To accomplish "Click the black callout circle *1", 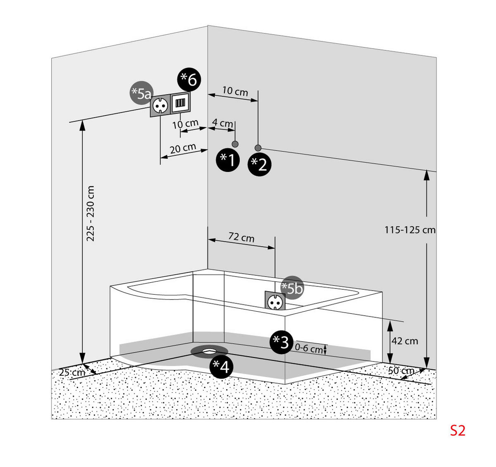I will pyautogui.click(x=228, y=160).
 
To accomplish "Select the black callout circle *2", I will pyautogui.click(x=260, y=164).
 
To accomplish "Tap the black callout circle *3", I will pyautogui.click(x=281, y=342).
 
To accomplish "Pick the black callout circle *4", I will pyautogui.click(x=221, y=366).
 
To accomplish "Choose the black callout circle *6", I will pyautogui.click(x=189, y=79).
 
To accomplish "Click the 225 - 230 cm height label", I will pyautogui.click(x=91, y=214).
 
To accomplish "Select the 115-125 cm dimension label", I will pyautogui.click(x=410, y=230).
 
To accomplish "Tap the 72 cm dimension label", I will pyautogui.click(x=241, y=238).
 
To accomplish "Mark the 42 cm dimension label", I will pyautogui.click(x=405, y=341).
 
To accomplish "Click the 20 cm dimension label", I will pyautogui.click(x=183, y=148).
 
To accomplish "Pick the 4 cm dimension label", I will pyautogui.click(x=222, y=123).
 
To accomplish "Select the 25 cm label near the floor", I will pyautogui.click(x=72, y=372).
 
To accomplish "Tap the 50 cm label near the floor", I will pyautogui.click(x=401, y=371).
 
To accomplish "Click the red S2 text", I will pyautogui.click(x=458, y=431).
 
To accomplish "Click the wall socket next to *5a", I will pyautogui.click(x=160, y=105).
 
